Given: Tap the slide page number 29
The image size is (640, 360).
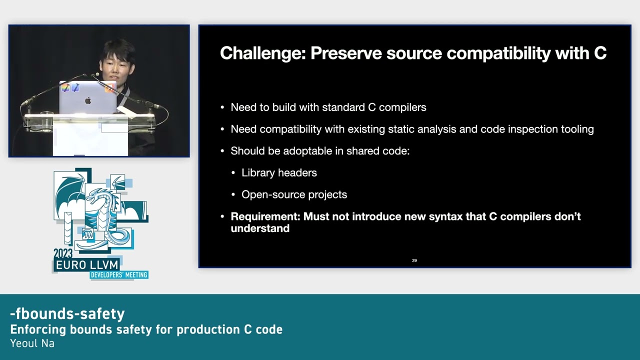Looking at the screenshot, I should tap(414, 260).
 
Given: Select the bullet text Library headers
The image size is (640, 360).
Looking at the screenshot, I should tap(279, 172).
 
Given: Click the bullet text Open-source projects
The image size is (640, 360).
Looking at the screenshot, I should tap(294, 194).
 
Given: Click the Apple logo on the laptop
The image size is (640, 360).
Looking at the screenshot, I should tap(88, 100).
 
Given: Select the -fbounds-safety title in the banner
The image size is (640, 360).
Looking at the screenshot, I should tap(67, 313).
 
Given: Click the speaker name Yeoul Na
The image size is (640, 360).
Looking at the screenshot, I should tap(32, 343).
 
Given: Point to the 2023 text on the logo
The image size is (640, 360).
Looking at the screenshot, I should tap(63, 253).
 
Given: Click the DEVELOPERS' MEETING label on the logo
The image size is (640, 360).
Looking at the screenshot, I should tap(118, 275).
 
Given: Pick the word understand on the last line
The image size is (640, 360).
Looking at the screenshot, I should tap(260, 228).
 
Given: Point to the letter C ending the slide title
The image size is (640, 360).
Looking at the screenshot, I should tap(600, 53).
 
